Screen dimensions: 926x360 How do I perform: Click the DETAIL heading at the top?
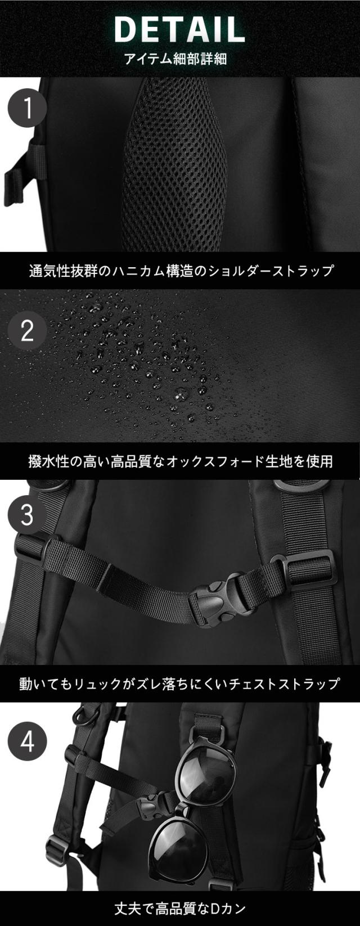(179, 29)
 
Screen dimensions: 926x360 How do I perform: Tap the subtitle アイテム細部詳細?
(179, 58)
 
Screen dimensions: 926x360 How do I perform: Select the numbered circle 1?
(27, 107)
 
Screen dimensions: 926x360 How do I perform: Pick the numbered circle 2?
(27, 331)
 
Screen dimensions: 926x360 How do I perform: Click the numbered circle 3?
(27, 515)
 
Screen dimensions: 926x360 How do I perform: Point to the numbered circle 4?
(27, 742)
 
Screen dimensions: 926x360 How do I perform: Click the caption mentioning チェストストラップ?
(180, 684)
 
